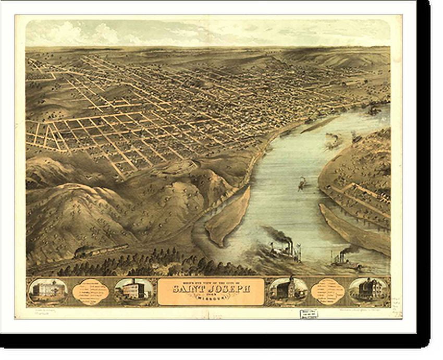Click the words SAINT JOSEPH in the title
[211, 287]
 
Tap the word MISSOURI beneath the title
[211, 298]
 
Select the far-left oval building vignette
[47, 291]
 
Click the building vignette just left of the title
[133, 291]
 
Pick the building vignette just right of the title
[288, 291]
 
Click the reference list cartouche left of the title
[91, 291]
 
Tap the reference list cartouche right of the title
[328, 291]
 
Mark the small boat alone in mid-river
[302, 183]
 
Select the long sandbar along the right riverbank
[354, 230]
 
